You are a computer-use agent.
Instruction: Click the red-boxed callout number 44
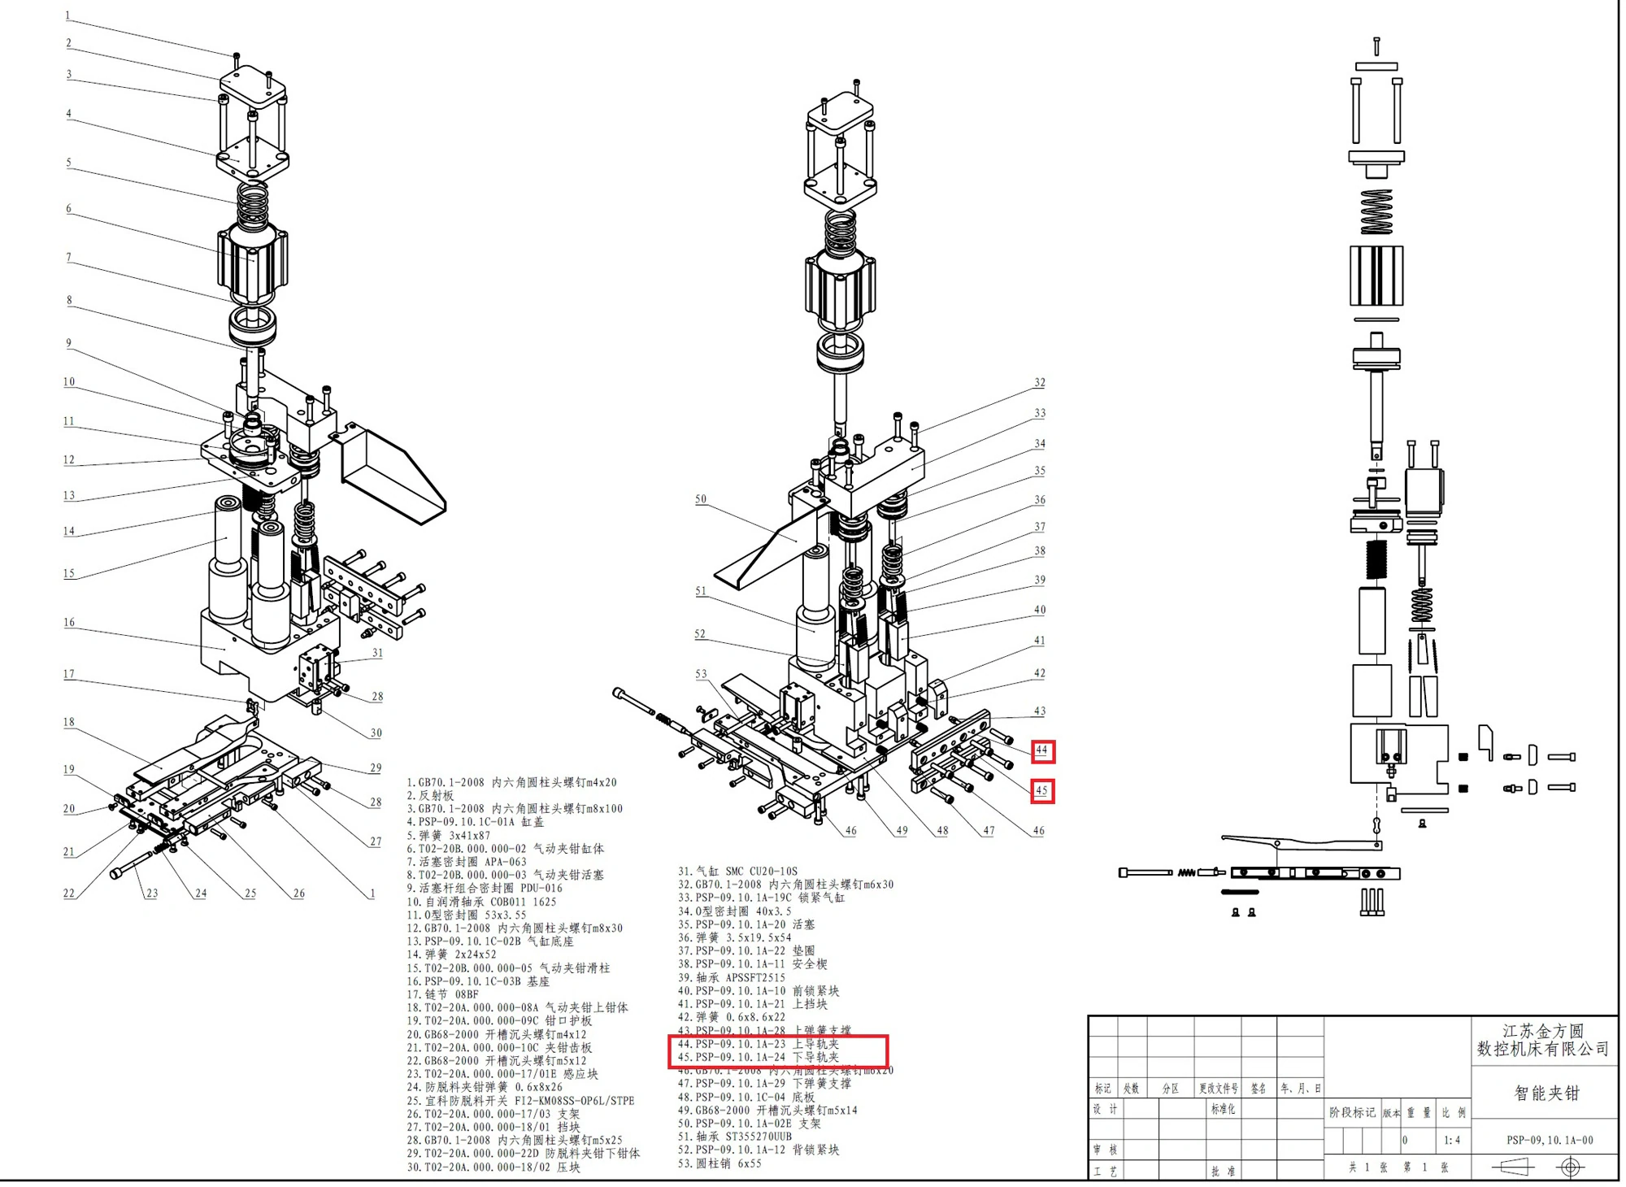[1042, 750]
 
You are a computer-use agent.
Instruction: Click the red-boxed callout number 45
[1042, 790]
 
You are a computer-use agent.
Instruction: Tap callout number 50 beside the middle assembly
[701, 499]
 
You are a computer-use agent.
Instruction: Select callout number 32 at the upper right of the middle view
[1040, 382]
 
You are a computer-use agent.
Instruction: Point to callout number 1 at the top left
[67, 15]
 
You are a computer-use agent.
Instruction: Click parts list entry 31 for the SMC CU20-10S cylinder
[737, 871]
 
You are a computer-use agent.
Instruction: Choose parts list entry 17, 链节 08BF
[443, 994]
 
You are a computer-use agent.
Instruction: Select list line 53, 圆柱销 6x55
[720, 1163]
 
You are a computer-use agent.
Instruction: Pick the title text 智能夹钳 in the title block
[1546, 1094]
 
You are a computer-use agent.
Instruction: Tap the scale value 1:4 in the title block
[1452, 1140]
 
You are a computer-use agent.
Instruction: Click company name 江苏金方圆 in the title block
[1542, 1031]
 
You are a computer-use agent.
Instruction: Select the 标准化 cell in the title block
[1223, 1109]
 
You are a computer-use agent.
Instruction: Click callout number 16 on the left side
[69, 622]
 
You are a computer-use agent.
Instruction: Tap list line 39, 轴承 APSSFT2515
[732, 977]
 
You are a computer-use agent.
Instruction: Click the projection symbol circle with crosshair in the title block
[1571, 1167]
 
